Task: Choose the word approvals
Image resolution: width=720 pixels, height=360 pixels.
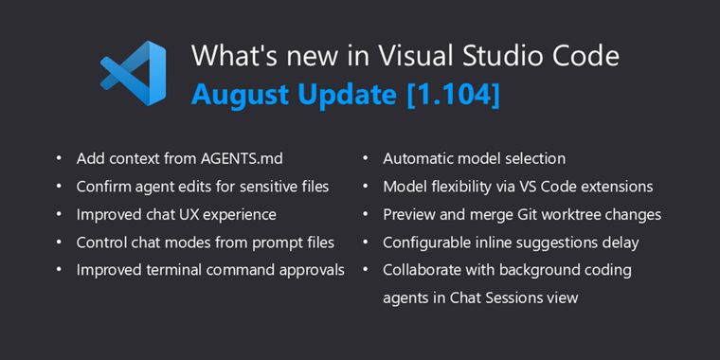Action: point(310,270)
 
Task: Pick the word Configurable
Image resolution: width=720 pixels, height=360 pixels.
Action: point(428,243)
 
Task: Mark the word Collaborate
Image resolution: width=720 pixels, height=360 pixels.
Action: point(423,270)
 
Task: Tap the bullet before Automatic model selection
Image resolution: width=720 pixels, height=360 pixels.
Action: point(366,159)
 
